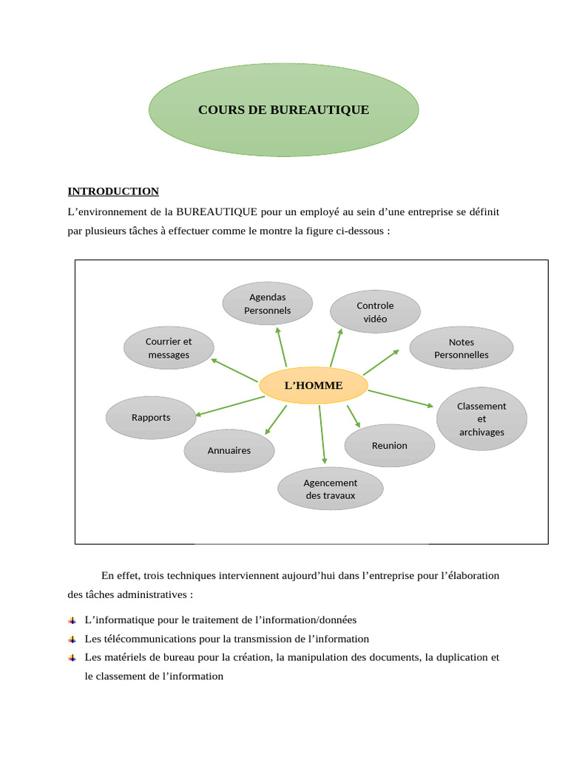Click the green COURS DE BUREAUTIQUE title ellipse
(283, 110)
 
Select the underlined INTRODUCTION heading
(113, 191)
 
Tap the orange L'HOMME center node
(314, 385)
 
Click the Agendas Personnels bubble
(268, 304)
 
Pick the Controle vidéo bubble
(375, 312)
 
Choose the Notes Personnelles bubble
(461, 348)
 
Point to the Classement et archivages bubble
(481, 418)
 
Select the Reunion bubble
(390, 446)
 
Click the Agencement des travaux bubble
(330, 489)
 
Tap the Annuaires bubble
(229, 450)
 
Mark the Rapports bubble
(151, 418)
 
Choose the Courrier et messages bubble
(169, 347)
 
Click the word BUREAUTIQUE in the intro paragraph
(216, 212)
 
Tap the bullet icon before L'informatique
(72, 620)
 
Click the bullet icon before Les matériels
(72, 657)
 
